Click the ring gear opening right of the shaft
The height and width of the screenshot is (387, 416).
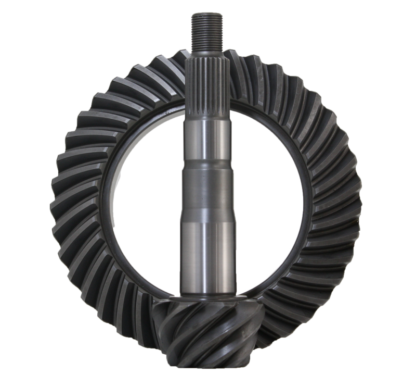[x=265, y=198]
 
